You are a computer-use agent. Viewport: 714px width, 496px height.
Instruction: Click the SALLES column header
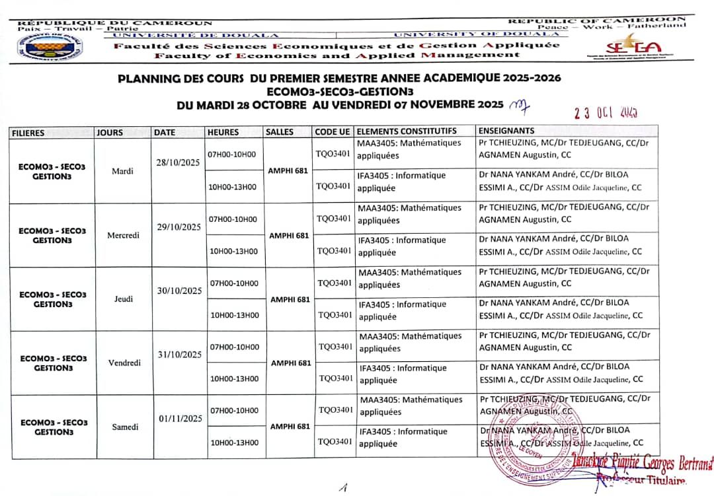click(x=279, y=132)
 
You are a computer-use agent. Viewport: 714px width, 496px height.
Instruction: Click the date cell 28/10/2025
click(x=177, y=162)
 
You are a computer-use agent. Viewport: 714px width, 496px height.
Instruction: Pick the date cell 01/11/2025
click(x=180, y=418)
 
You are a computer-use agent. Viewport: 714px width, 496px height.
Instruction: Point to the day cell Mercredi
click(x=123, y=235)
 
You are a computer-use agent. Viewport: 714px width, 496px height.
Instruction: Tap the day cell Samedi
click(x=125, y=427)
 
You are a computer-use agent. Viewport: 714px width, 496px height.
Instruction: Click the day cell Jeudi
click(x=123, y=299)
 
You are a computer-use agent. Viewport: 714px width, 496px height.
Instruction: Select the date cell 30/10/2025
click(x=179, y=291)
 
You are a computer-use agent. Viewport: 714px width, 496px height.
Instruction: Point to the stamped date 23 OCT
click(x=606, y=112)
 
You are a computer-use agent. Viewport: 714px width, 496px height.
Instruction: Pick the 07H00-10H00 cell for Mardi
click(x=232, y=155)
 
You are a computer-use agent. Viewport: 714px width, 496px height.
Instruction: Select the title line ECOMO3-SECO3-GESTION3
click(x=340, y=91)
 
